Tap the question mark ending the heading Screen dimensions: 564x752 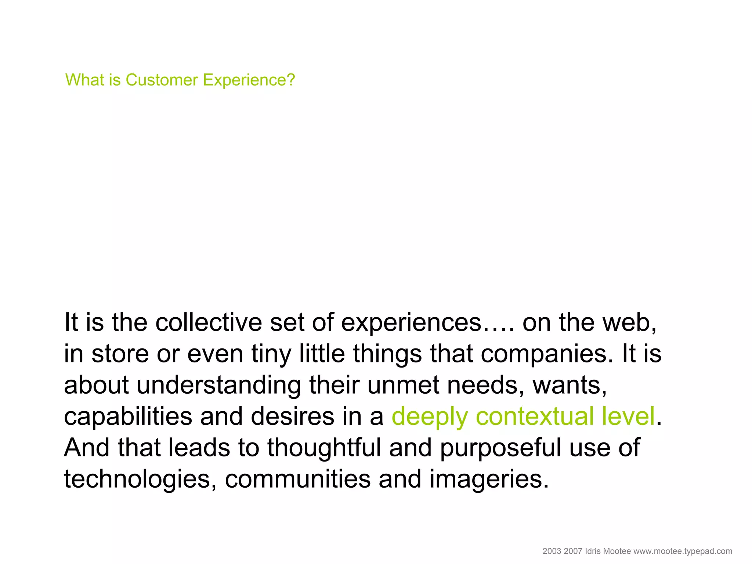(x=291, y=80)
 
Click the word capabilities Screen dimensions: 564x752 (x=128, y=417)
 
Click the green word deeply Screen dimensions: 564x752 (x=430, y=417)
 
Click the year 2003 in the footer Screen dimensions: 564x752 (x=552, y=551)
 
